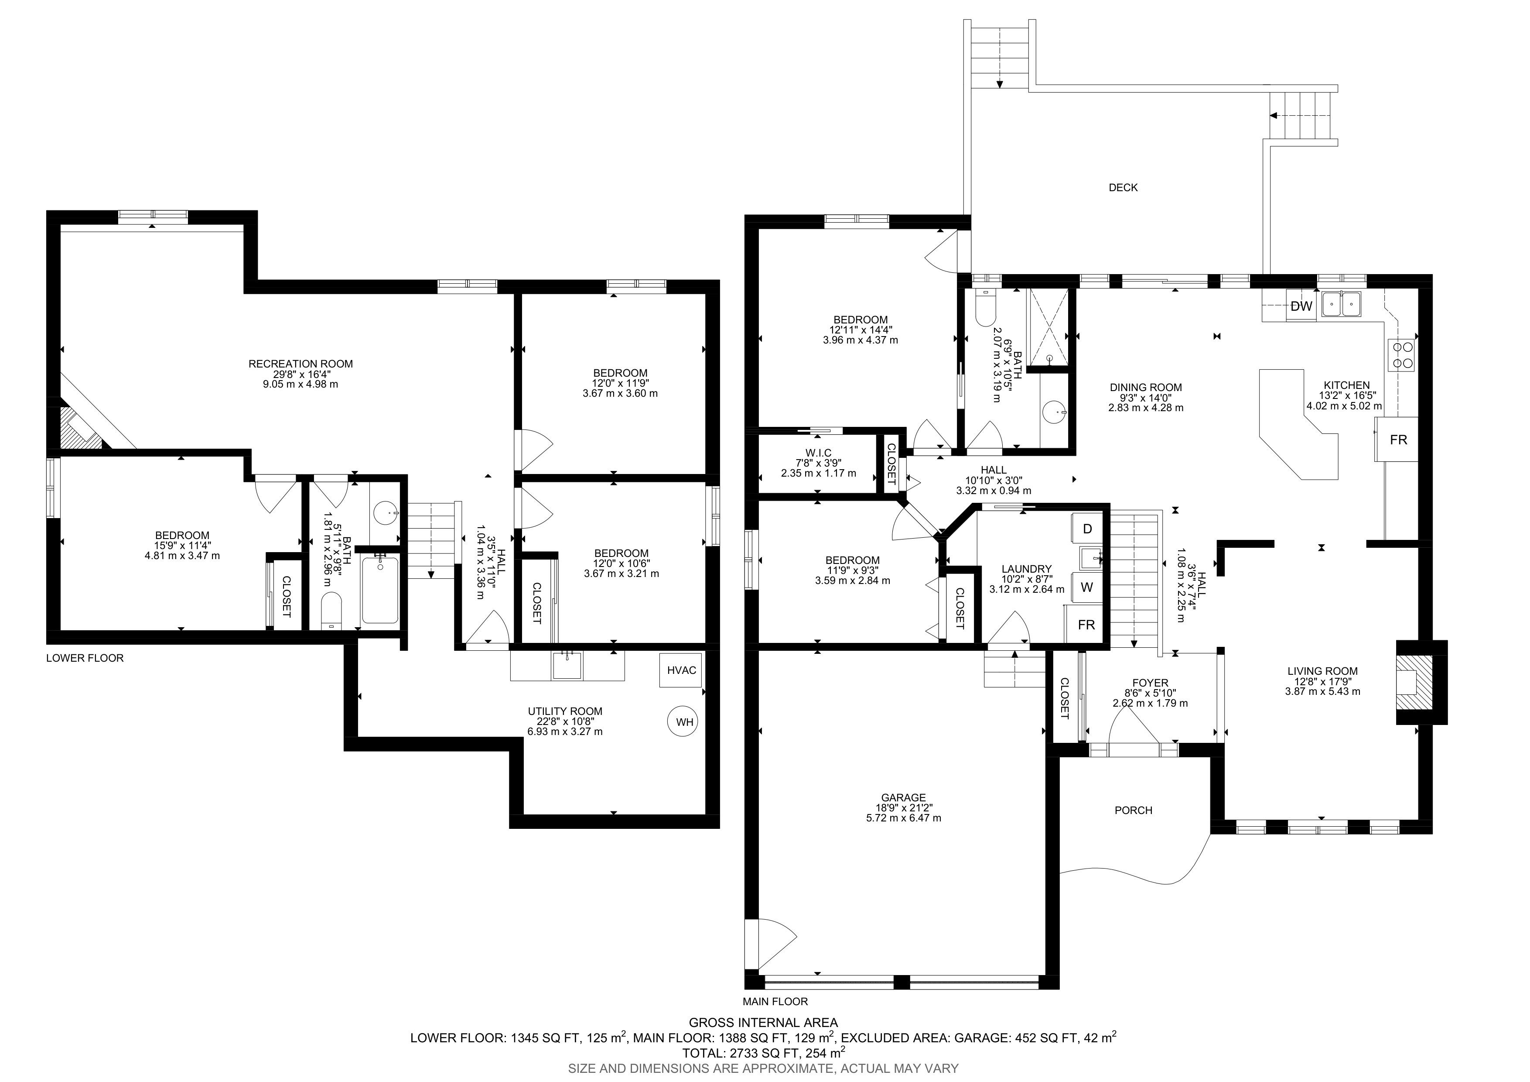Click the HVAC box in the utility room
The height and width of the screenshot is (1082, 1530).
click(681, 670)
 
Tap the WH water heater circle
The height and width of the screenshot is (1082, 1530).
click(684, 722)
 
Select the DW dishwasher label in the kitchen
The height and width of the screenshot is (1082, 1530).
click(1301, 307)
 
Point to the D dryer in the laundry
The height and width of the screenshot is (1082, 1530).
click(1087, 529)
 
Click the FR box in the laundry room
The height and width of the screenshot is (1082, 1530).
click(1086, 625)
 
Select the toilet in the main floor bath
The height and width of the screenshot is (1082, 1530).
click(984, 308)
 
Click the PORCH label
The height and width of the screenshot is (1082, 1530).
click(1134, 810)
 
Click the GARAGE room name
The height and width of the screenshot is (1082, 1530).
click(904, 797)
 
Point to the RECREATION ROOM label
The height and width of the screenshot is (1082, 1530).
click(301, 364)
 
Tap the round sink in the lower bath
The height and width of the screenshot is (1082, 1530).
click(385, 513)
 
